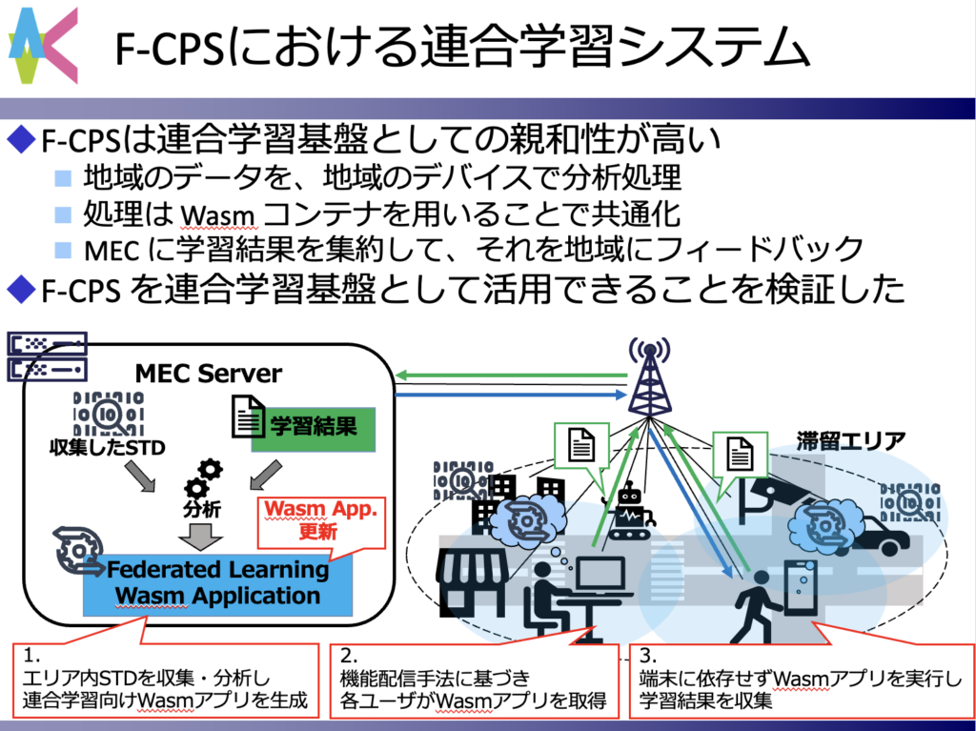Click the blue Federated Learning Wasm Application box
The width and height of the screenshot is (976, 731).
pyautogui.click(x=217, y=582)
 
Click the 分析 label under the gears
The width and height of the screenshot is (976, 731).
pyautogui.click(x=201, y=510)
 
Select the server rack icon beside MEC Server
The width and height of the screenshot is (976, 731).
pyautogui.click(x=47, y=355)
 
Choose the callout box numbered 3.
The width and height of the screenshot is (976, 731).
pyautogui.click(x=800, y=680)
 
